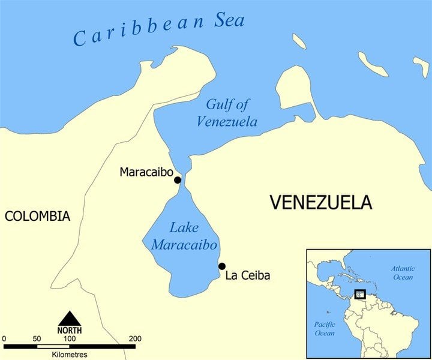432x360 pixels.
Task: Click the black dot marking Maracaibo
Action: [x=177, y=180]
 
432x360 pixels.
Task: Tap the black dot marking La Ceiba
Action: [x=222, y=266]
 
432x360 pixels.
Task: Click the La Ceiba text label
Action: [x=248, y=276]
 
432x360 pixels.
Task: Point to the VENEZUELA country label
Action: [x=320, y=202]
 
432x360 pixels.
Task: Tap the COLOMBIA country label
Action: [x=37, y=217]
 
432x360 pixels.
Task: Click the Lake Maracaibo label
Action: [x=184, y=236]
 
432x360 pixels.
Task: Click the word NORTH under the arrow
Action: [x=70, y=331]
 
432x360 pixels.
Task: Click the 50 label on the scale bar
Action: [x=37, y=339]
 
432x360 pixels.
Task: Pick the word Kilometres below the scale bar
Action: [x=70, y=355]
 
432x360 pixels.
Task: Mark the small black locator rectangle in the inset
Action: [x=360, y=294]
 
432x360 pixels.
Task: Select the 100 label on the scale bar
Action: [x=70, y=339]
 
